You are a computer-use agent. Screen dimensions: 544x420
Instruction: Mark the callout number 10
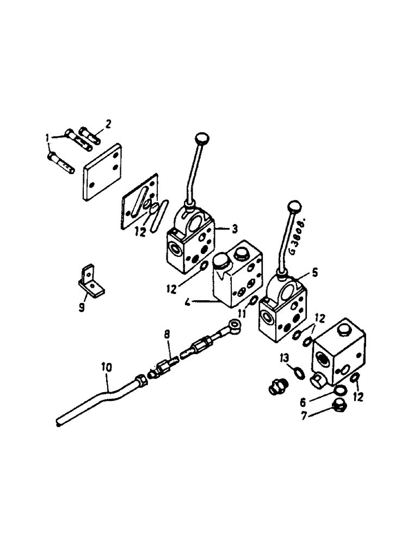point(107,368)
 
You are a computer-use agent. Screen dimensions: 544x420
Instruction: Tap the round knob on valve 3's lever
point(202,137)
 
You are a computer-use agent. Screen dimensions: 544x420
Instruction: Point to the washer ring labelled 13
point(299,372)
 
